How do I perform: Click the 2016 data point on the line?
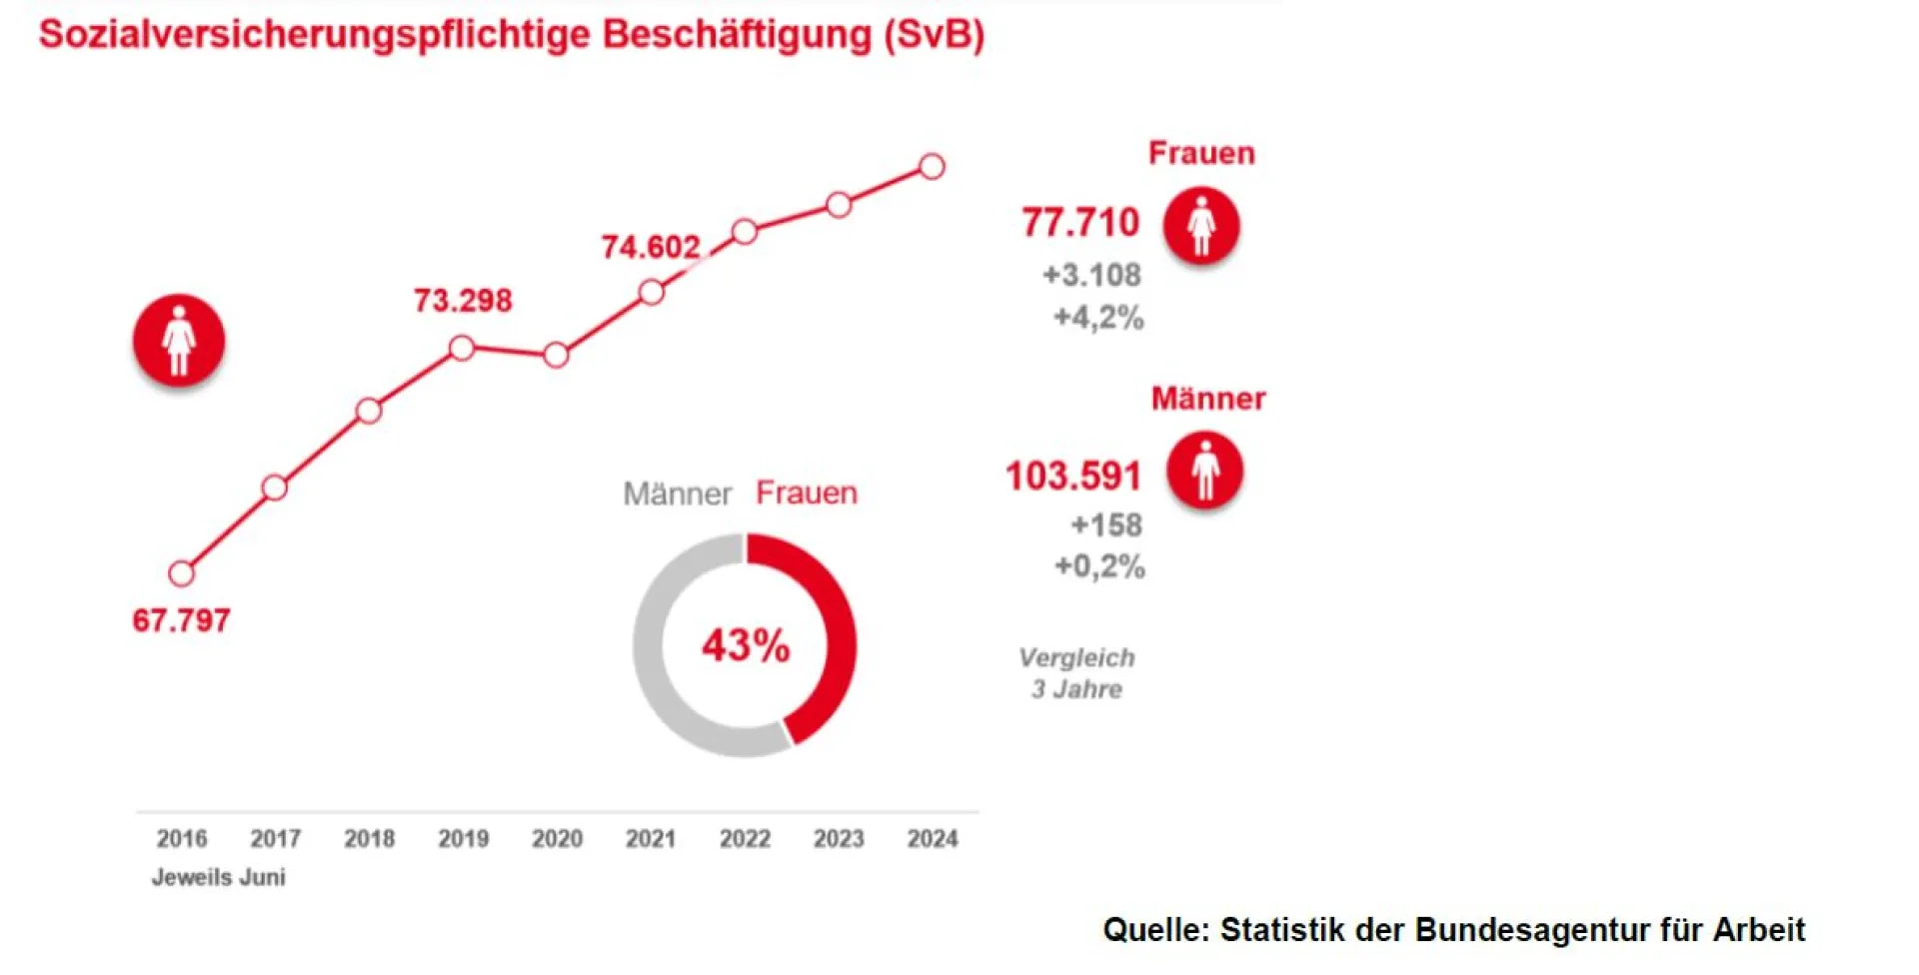(x=181, y=573)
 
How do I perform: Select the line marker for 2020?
(x=557, y=355)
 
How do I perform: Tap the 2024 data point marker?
(x=932, y=167)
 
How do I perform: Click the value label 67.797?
(x=181, y=620)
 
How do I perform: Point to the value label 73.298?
(x=463, y=301)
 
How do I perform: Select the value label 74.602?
(x=651, y=247)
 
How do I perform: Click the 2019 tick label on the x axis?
(x=464, y=838)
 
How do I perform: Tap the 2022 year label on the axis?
(x=745, y=838)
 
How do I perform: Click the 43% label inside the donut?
(x=745, y=645)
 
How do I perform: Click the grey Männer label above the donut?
(x=677, y=493)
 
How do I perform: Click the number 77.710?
(x=1080, y=222)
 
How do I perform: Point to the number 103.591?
(x=1073, y=476)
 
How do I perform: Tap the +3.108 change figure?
(x=1091, y=275)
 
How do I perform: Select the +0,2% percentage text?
(x=1099, y=566)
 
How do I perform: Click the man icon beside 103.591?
(x=1205, y=470)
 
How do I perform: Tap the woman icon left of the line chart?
(x=179, y=340)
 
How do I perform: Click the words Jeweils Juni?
(x=218, y=877)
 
